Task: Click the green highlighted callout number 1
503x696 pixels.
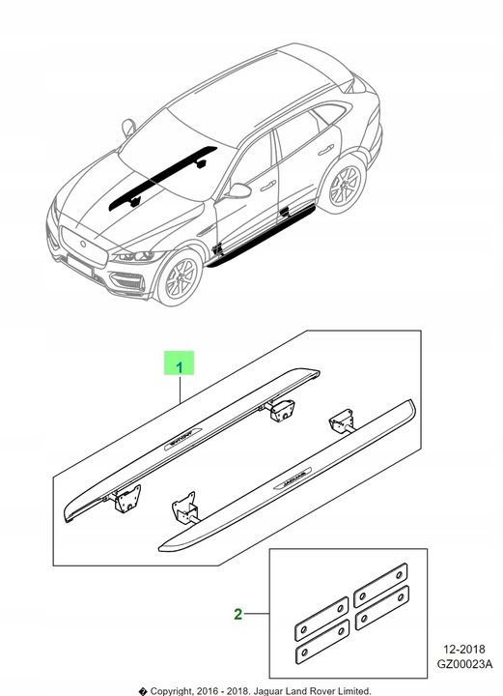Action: coord(179,365)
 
